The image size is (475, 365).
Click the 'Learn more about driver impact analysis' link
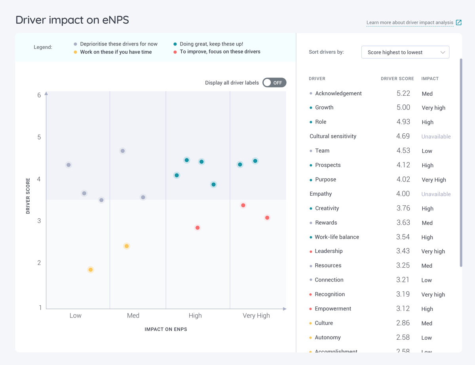point(410,23)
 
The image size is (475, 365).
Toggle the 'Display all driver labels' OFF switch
point(274,83)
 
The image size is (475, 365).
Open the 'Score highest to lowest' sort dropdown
point(405,52)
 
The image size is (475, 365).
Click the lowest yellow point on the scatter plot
point(91,270)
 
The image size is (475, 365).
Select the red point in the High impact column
point(198,228)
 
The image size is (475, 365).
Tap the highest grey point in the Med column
point(123,151)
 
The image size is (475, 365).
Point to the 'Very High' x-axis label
point(256,316)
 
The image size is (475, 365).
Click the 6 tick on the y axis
point(39,95)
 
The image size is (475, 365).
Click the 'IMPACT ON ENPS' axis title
point(166,329)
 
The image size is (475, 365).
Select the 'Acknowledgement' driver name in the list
point(338,93)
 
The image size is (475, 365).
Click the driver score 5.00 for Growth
point(403,108)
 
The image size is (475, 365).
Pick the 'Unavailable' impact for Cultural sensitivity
point(436,136)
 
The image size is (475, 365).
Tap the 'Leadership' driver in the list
point(329,251)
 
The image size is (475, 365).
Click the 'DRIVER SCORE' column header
point(397,79)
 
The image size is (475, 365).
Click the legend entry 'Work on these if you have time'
point(116,52)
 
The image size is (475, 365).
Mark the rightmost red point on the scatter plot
point(267,218)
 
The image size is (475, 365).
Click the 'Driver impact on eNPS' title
point(72,20)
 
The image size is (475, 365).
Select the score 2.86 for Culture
point(403,323)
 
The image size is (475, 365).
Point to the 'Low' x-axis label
point(75,316)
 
